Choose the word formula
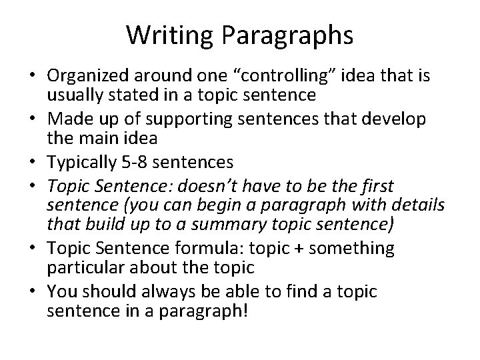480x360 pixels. [x=226, y=249]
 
